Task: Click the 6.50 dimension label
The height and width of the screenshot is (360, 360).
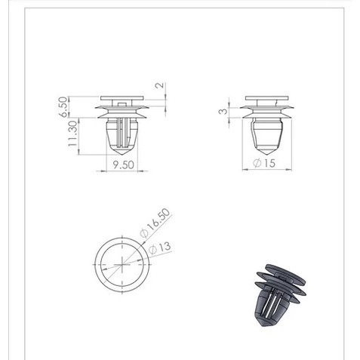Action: point(64,107)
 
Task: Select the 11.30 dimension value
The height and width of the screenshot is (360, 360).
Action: point(73,134)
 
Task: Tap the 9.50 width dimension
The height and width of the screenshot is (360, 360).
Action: point(123,165)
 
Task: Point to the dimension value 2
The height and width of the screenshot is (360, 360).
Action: point(160,85)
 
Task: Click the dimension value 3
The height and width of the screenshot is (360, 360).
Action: point(223,111)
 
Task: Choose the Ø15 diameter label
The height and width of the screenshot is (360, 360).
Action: point(264,163)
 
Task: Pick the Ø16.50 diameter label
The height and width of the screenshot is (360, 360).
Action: point(155,223)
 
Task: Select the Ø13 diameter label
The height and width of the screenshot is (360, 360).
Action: point(160,248)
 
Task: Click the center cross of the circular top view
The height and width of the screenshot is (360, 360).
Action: point(122,265)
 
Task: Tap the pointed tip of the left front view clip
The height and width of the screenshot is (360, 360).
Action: point(122,154)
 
